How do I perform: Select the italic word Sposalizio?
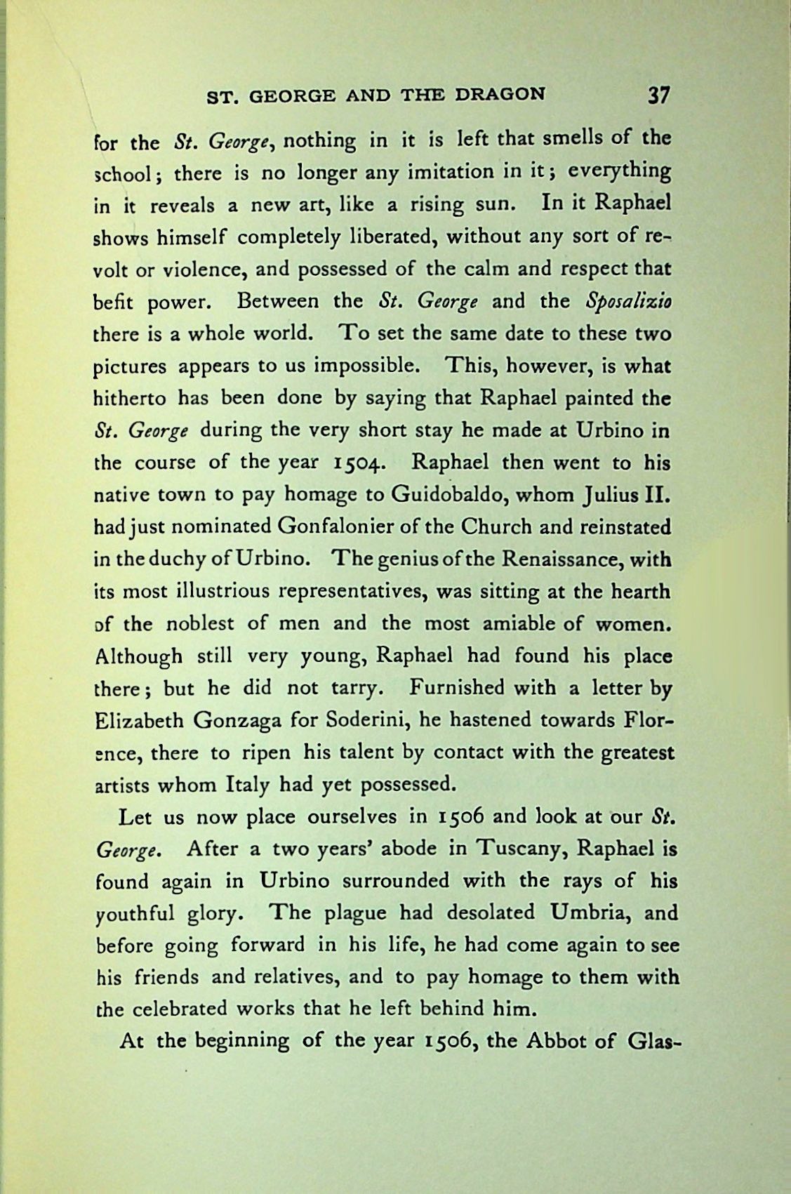(627, 302)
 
